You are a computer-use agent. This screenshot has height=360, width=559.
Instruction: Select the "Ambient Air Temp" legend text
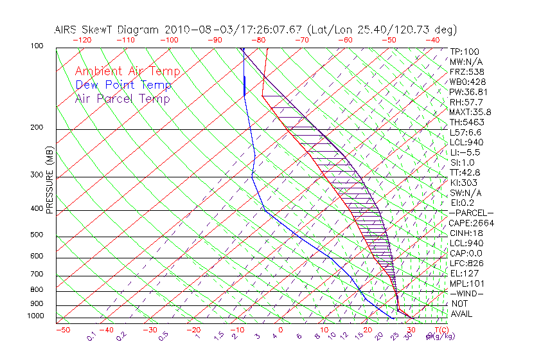tap(127, 71)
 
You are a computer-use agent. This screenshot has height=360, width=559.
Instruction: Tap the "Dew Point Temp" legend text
tap(123, 85)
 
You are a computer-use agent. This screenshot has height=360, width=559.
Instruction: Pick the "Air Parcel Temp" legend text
tap(122, 98)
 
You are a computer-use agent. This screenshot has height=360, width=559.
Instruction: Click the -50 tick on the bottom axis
tap(62, 330)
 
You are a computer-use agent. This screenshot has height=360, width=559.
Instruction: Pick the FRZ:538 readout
tap(466, 71)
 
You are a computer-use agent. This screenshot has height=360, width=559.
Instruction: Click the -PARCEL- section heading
tap(472, 213)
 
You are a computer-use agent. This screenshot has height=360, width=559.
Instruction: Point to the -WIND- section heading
tap(466, 294)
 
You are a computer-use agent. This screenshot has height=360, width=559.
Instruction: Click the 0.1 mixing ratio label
tap(91, 336)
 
